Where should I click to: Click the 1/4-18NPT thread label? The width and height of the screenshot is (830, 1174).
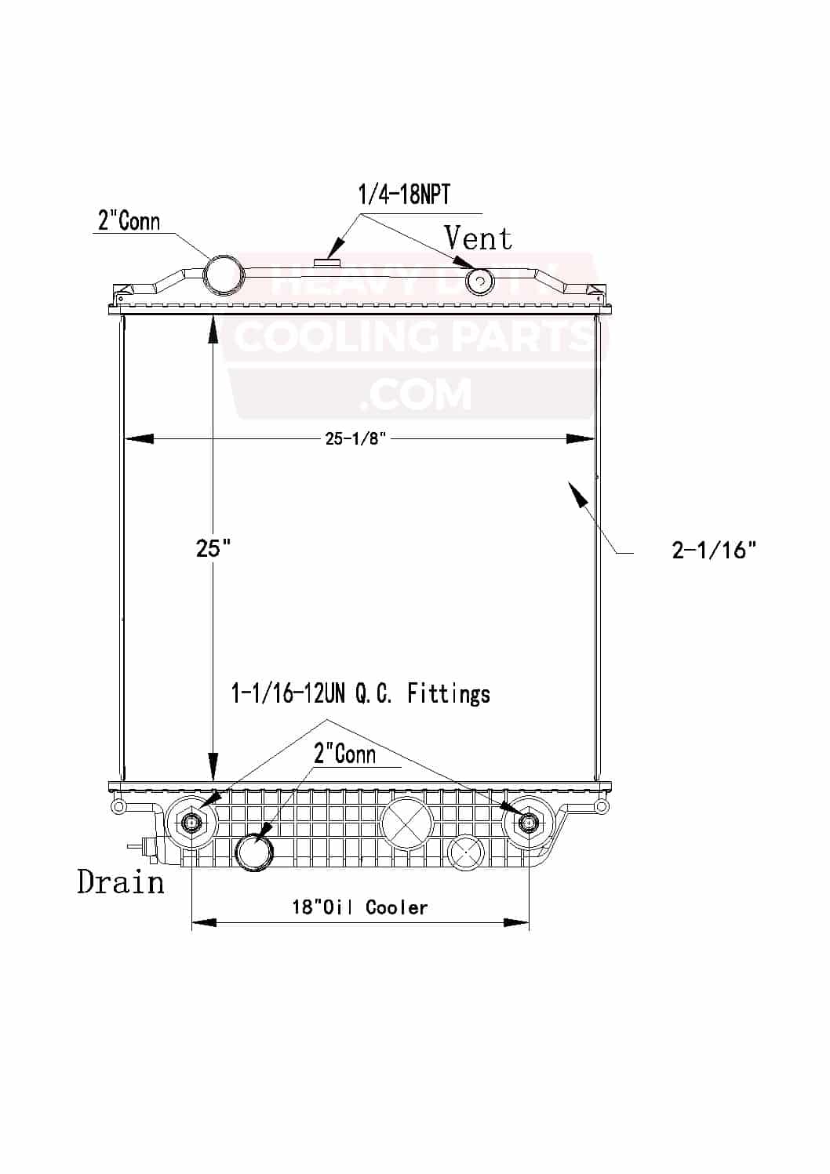[404, 194]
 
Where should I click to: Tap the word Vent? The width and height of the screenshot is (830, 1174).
[478, 238]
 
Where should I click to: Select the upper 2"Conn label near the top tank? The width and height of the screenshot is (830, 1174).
[129, 221]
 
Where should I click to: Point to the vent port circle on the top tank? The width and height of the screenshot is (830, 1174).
[479, 281]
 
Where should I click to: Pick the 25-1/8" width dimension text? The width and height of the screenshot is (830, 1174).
[356, 439]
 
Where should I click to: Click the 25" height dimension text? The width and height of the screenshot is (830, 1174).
[213, 548]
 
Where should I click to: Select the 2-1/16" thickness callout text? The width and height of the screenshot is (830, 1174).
[714, 550]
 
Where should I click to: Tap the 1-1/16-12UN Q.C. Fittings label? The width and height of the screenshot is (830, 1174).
[361, 693]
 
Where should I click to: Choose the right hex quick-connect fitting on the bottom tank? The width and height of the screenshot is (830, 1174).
[528, 822]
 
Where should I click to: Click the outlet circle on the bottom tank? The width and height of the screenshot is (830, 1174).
[255, 852]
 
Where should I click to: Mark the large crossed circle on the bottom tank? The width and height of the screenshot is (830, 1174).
[406, 823]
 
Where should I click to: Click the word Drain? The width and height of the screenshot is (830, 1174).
[121, 882]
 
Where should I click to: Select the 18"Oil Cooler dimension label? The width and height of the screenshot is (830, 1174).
[360, 908]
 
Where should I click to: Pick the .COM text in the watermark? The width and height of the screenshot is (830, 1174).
[416, 394]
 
